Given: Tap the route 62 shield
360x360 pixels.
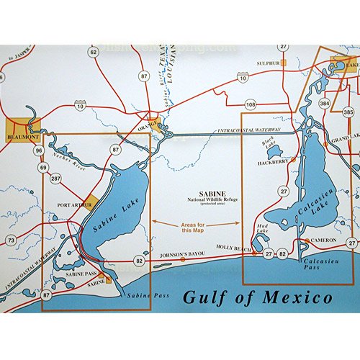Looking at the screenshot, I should point(93,51).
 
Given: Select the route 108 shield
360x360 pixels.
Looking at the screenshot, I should point(250,105).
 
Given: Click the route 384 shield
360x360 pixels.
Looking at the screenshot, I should point(325,104).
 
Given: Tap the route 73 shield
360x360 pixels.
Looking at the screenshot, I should point(10,239).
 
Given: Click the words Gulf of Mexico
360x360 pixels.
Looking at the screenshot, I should point(256,297).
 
